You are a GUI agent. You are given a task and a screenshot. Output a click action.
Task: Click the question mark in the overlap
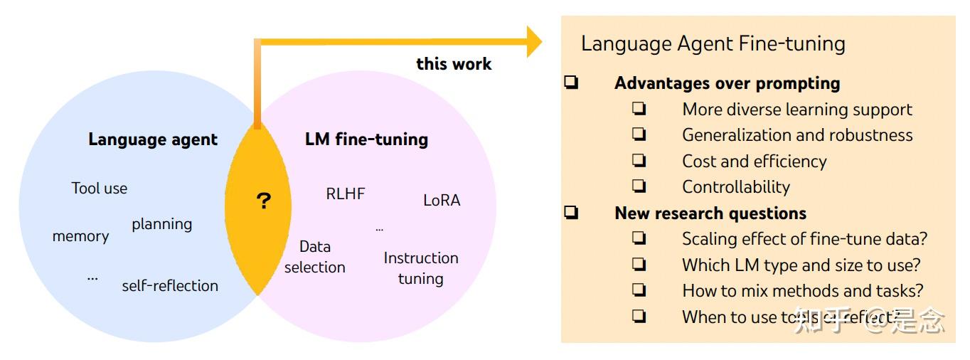point(263,201)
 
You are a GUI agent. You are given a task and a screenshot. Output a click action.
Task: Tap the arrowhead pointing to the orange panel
point(533,42)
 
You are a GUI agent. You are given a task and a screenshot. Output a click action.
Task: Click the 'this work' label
point(454,64)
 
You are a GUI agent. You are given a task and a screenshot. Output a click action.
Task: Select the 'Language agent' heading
point(153,139)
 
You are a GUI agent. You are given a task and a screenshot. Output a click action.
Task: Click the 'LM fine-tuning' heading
point(366,139)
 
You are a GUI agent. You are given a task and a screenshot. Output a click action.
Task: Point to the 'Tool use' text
point(100,189)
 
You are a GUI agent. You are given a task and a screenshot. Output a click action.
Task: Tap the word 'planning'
point(161,224)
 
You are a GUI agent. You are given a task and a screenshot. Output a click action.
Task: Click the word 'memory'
point(80,236)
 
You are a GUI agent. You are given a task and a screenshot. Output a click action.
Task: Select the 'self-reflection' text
point(170,286)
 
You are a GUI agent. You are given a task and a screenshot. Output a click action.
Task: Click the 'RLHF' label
point(346,194)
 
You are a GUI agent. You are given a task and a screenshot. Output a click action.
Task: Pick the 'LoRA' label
point(442,201)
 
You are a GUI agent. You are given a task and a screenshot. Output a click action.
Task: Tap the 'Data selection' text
point(314,257)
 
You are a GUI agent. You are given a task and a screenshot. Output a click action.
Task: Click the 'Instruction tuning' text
point(421,268)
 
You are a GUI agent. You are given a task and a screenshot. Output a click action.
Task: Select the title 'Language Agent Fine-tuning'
point(713,44)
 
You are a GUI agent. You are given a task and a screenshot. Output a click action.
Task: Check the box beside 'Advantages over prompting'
point(571,83)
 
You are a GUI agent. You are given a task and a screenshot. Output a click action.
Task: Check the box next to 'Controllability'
point(639,186)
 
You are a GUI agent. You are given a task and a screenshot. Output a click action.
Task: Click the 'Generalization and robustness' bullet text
point(797,135)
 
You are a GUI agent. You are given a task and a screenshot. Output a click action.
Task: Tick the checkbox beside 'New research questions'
point(571,213)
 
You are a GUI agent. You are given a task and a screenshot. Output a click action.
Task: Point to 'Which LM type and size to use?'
point(801,265)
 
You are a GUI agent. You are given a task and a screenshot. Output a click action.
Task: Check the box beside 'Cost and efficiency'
point(639,161)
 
